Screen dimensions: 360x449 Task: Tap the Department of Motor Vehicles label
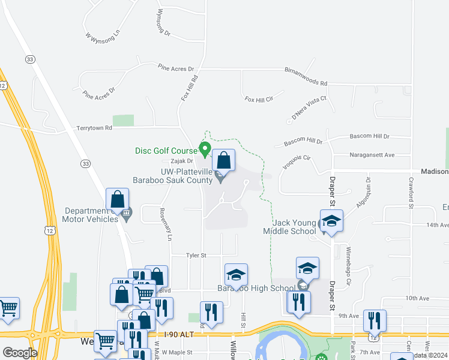click(92, 215)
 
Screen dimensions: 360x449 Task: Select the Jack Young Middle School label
click(290, 227)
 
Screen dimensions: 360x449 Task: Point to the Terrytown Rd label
click(94, 128)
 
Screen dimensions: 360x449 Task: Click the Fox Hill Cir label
click(259, 98)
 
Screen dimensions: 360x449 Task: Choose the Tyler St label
click(196, 255)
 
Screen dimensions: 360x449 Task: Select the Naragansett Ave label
click(372, 155)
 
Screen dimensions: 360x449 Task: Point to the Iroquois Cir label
click(298, 160)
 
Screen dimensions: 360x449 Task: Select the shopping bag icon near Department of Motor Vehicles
click(118, 200)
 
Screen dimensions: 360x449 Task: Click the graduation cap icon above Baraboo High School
click(236, 275)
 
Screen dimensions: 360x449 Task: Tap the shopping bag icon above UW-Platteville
click(223, 160)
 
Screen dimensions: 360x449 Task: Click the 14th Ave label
click(437, 225)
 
